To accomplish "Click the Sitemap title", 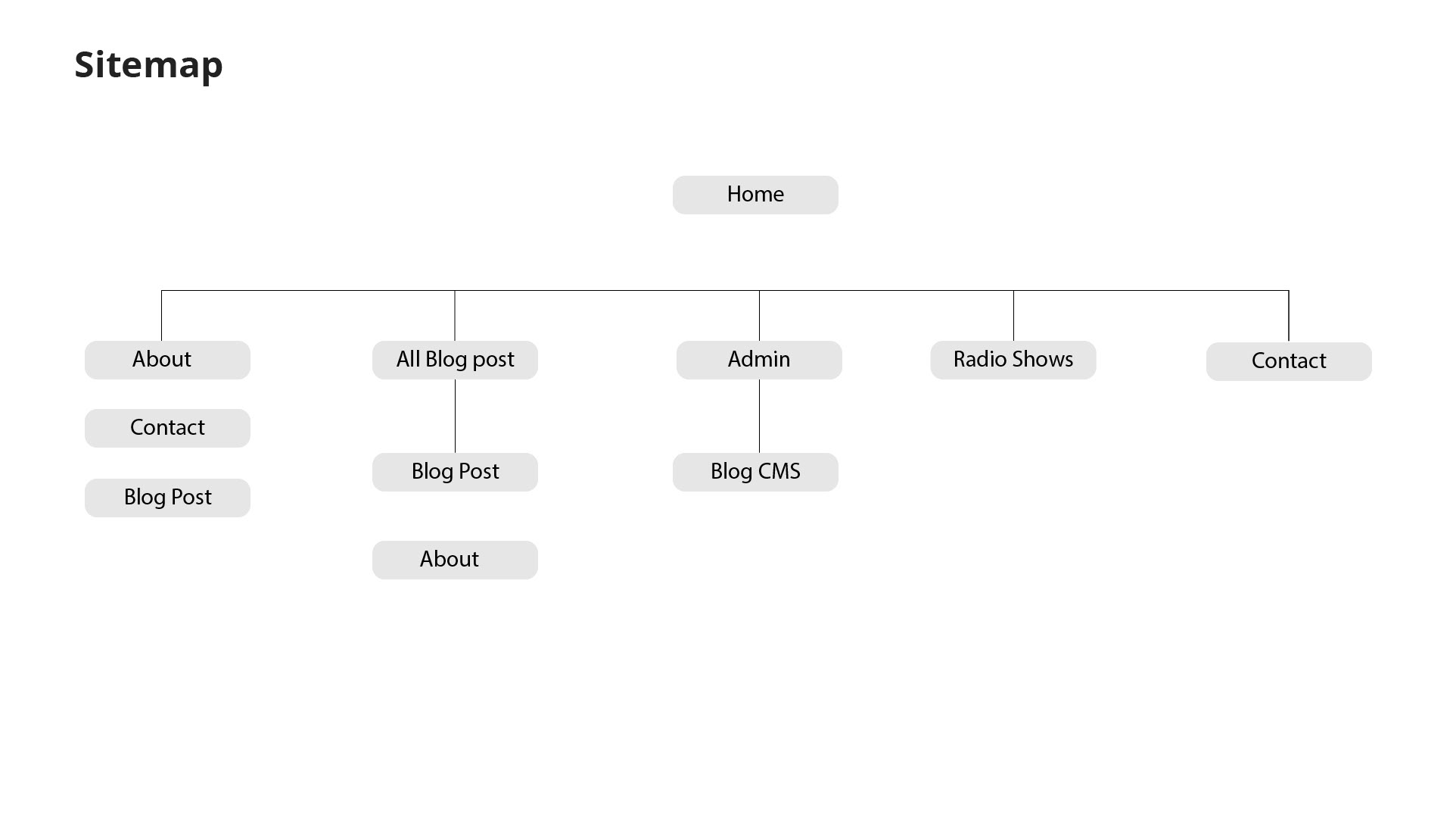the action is [148, 64].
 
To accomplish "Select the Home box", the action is [755, 195].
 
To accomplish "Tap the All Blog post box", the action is [455, 360].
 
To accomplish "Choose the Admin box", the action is [759, 360].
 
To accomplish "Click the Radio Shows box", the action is [1013, 360].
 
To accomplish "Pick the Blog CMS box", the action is [755, 472].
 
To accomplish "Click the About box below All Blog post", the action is [455, 560].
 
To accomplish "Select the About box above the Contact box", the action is [167, 360].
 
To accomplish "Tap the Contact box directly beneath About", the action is [167, 428].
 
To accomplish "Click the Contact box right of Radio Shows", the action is [1289, 361].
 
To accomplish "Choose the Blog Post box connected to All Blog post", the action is [455, 472].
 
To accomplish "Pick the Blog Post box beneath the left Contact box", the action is [167, 498].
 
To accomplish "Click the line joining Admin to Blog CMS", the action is [759, 416].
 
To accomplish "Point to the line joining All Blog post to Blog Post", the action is [455, 416].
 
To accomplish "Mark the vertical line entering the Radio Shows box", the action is [1013, 316].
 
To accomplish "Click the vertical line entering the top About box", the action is [161, 316].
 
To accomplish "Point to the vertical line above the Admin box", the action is [759, 316].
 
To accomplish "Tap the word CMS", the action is [779, 471].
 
